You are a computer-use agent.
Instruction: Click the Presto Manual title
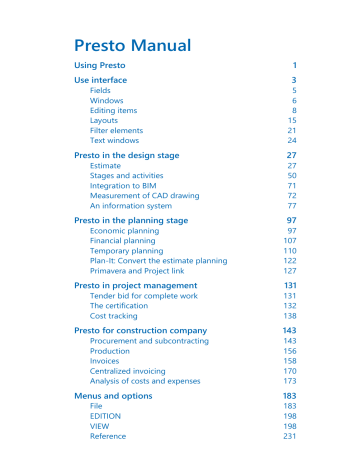132,45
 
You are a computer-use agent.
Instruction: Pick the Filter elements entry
117,130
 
